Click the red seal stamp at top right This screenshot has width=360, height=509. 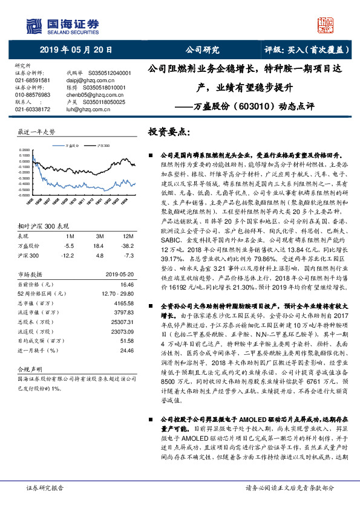325,25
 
